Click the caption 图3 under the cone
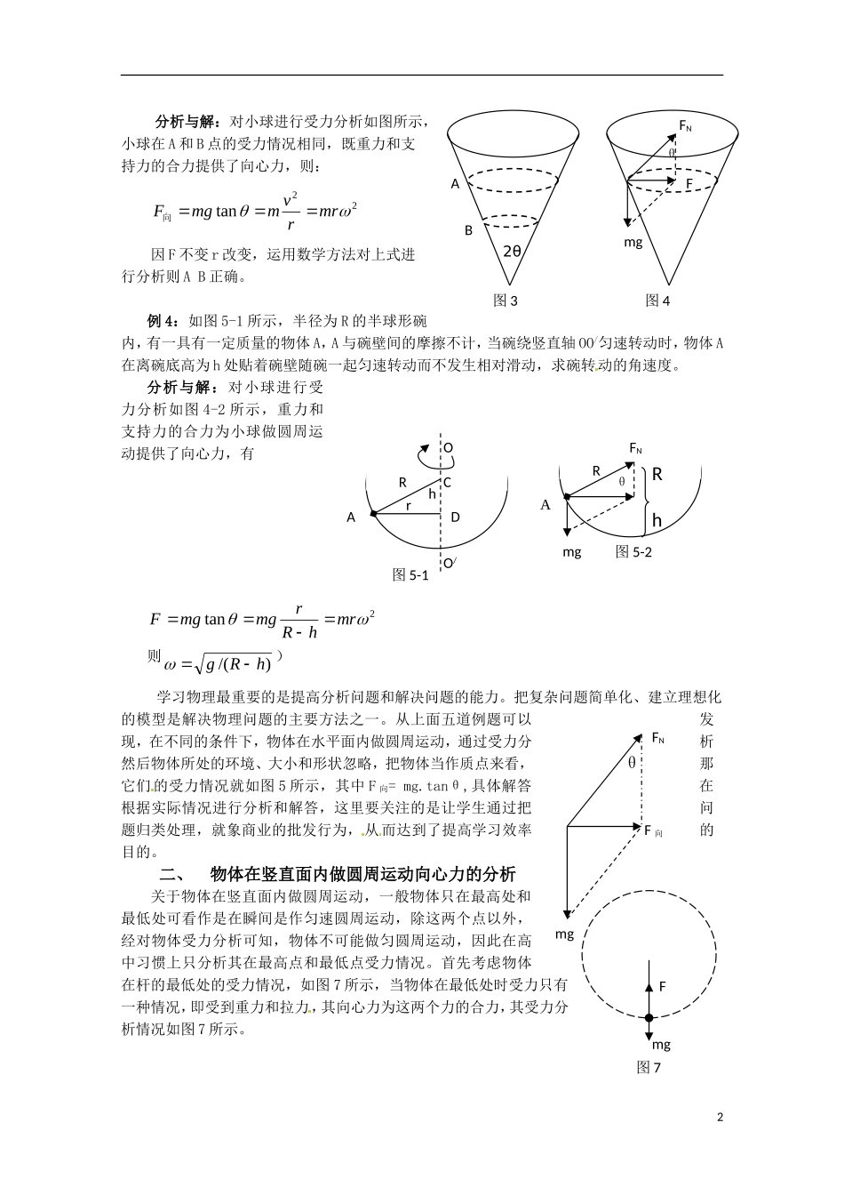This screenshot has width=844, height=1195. point(506,301)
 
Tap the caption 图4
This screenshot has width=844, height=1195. point(657,301)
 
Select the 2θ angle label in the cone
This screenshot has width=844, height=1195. point(513,251)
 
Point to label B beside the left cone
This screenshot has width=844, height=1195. point(468,230)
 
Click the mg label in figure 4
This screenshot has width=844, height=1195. point(633,241)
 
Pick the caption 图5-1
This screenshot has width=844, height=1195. point(410,575)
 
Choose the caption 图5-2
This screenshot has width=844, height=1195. point(634,551)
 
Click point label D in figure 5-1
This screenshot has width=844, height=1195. point(455,517)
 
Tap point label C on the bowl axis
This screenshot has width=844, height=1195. point(447,483)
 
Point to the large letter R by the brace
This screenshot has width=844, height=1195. point(657,474)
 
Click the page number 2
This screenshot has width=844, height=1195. point(720,1117)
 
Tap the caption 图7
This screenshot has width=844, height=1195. point(649,1068)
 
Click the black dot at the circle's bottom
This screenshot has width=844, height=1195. point(649,1018)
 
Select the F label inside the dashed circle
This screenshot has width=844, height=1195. point(662,986)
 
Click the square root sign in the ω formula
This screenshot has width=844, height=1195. point(188,663)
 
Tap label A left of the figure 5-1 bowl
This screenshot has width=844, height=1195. point(351,517)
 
